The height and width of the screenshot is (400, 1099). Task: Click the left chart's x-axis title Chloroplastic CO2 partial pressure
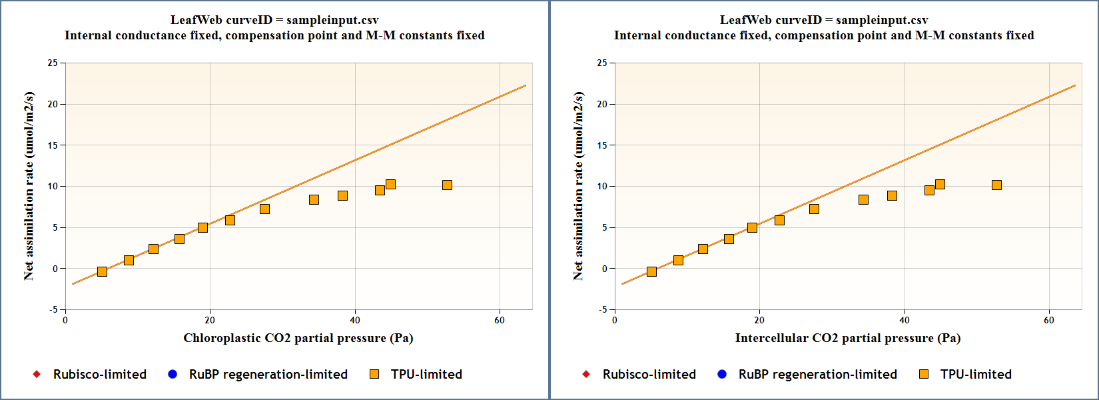point(298,338)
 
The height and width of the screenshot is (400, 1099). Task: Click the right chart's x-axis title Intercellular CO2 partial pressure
point(847,338)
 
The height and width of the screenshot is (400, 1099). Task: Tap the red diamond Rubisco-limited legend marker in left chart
point(37,374)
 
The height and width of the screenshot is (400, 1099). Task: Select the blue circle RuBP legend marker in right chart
point(722,374)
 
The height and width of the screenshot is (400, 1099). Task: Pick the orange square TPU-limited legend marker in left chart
point(374,374)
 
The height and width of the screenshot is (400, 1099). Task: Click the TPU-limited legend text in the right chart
point(976,374)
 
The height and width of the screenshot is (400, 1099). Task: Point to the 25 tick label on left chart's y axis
point(53,63)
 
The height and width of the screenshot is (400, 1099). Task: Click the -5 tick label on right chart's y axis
point(602,309)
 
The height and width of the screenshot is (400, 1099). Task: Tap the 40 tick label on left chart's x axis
point(355,320)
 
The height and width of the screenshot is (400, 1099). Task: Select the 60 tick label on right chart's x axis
point(1049,320)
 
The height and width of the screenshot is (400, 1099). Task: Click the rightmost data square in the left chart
point(447,185)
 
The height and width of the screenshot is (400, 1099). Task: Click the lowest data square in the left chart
point(102,271)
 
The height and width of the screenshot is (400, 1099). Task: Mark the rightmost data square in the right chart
point(996,185)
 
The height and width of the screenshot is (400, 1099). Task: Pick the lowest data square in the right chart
point(651,271)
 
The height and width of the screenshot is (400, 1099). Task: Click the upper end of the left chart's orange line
point(526,85)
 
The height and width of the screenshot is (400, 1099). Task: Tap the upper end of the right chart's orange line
point(1075,85)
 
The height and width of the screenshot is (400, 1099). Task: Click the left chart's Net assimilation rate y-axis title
point(29,186)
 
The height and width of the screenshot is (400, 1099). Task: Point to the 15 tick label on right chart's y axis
point(602,145)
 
